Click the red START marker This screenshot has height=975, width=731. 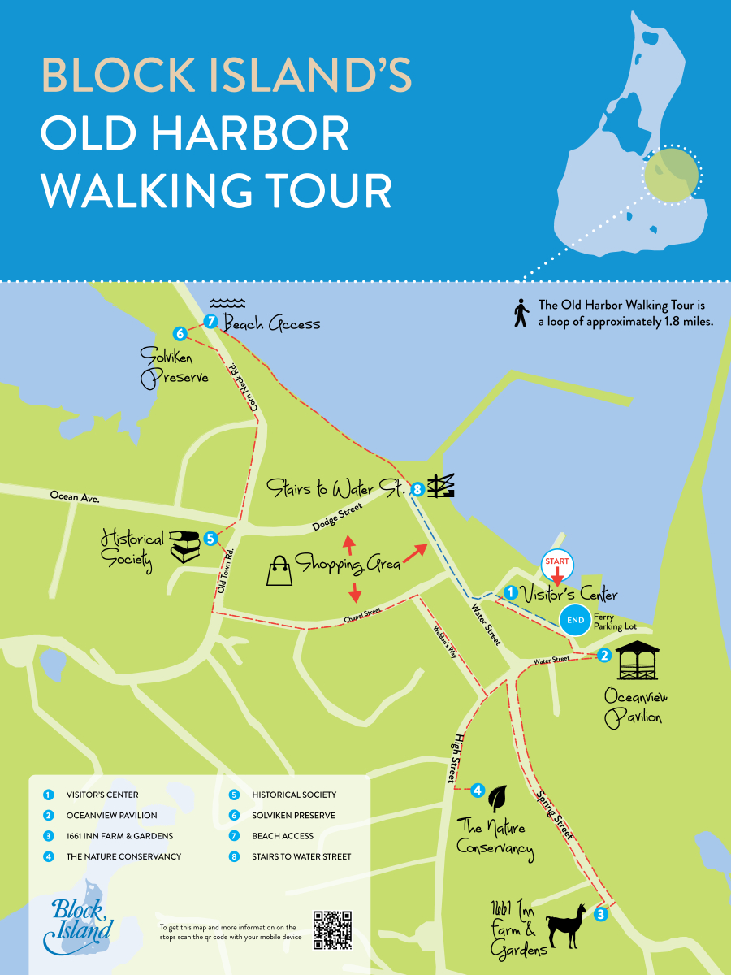557,563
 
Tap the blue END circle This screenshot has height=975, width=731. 576,620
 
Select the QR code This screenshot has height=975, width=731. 333,930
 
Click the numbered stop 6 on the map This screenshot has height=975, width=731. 180,333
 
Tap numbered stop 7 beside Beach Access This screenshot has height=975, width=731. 211,322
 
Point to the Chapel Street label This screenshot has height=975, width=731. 362,618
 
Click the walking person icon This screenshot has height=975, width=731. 521,313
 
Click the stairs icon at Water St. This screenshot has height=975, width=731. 442,487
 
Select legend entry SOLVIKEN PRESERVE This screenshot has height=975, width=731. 293,815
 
